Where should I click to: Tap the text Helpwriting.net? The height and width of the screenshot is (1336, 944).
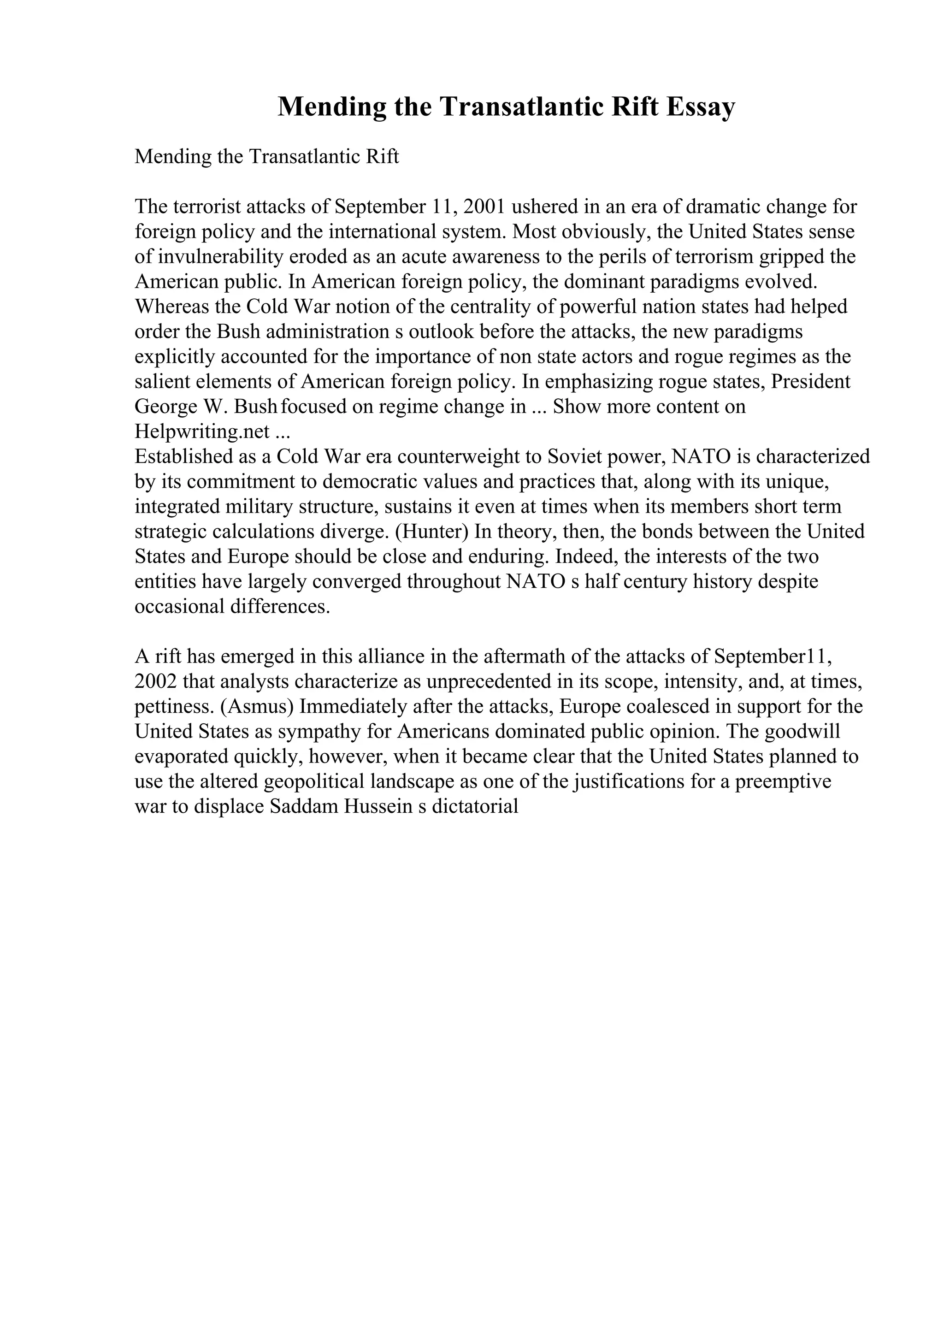pyautogui.click(x=202, y=432)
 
